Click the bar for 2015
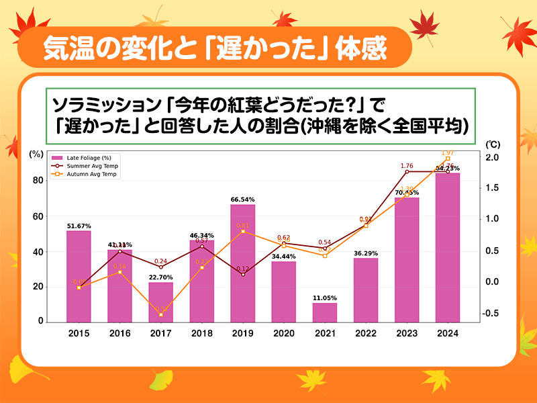[79, 276]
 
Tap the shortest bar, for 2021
[324, 312]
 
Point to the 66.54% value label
[242, 199]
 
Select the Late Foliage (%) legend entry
[83, 157]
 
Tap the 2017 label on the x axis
[160, 333]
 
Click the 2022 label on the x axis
[366, 333]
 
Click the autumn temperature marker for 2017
[160, 314]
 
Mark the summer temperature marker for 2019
[242, 275]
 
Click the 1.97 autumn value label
[447, 153]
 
